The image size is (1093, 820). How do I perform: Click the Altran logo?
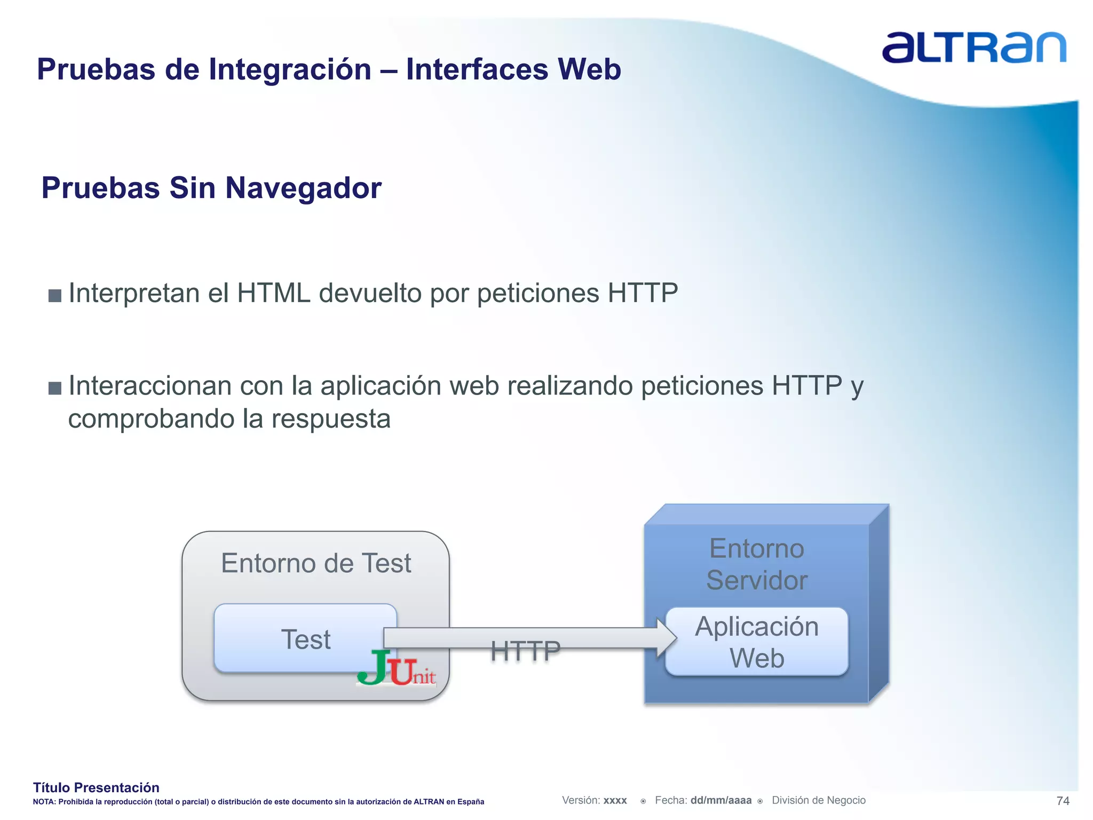[x=973, y=48]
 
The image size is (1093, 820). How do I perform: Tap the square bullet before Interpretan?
[x=55, y=295]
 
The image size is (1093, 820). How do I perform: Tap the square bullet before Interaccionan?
[x=55, y=388]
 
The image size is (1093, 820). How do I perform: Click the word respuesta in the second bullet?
[x=331, y=419]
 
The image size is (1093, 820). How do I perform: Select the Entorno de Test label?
[x=316, y=563]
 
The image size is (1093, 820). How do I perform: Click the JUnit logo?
[x=397, y=668]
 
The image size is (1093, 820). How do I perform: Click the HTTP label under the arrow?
[x=525, y=651]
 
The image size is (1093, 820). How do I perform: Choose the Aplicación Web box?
[x=757, y=642]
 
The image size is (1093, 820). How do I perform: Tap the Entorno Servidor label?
[x=757, y=564]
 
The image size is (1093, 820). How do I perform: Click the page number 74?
[x=1063, y=801]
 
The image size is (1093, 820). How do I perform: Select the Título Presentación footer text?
[x=96, y=787]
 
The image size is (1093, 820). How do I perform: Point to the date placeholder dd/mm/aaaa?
[x=720, y=800]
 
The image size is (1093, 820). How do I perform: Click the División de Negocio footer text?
[x=819, y=800]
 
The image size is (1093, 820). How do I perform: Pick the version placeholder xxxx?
[x=615, y=800]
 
